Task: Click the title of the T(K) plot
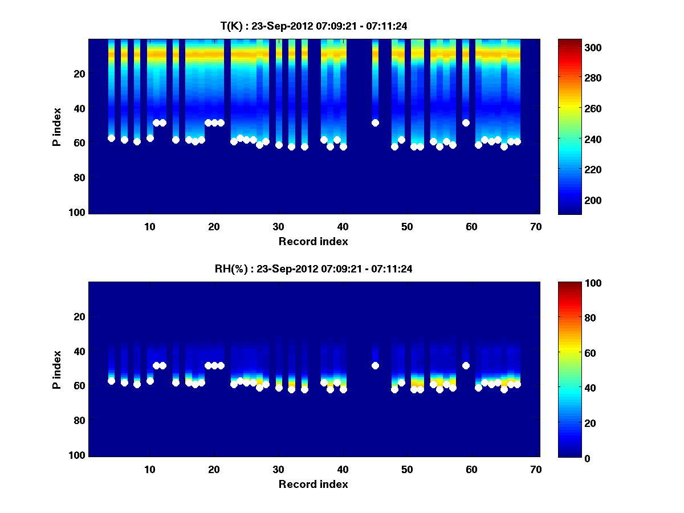click(x=313, y=26)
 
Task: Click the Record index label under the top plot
click(x=313, y=241)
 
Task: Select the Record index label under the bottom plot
click(x=313, y=484)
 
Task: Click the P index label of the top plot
click(x=56, y=127)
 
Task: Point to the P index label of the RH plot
click(x=56, y=369)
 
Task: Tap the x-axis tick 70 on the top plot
click(x=536, y=226)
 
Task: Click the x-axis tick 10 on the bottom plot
click(x=150, y=469)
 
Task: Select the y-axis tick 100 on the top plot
click(x=79, y=212)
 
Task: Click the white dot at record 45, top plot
click(x=375, y=123)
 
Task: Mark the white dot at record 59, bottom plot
click(x=466, y=365)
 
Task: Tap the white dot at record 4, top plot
click(x=111, y=138)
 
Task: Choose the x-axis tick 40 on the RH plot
click(x=343, y=469)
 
